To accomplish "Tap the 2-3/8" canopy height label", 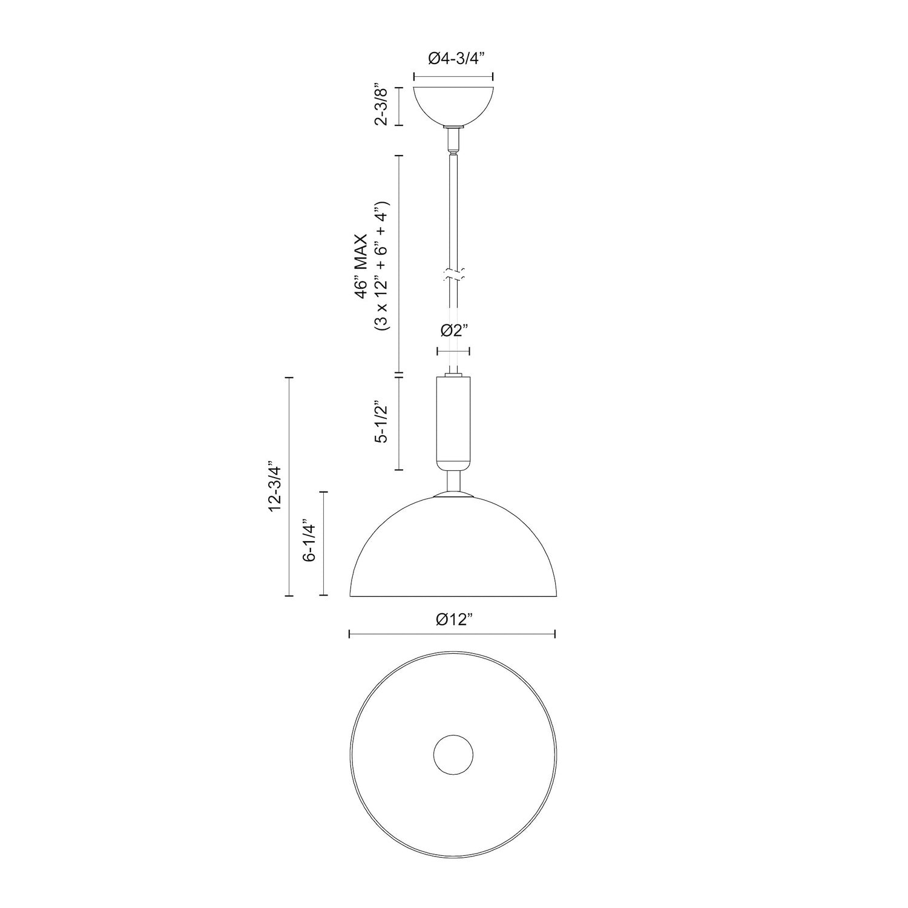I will coord(380,105).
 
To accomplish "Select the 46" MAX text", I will coord(362,263).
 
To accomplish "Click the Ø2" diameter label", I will coord(455,331).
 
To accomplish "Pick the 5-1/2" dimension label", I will coord(380,422).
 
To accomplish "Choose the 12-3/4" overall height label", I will coord(276,489).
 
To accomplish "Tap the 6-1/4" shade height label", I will coord(310,541).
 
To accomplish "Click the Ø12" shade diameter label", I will coord(453,619).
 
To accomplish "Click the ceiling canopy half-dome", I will coord(453,104).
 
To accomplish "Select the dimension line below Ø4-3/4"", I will coord(453,76).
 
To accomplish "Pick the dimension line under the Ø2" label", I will coord(453,351).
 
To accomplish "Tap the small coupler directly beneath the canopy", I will coord(453,139).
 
